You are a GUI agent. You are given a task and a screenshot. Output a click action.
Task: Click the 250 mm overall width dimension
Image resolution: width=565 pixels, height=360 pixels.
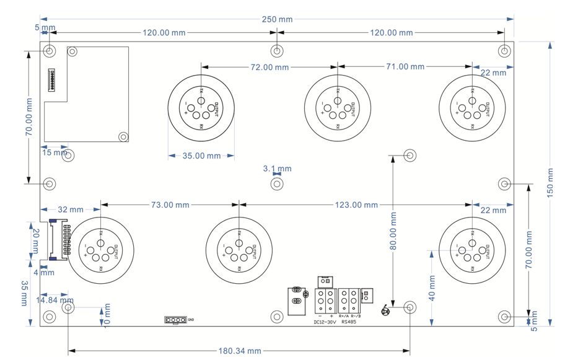point(277,19)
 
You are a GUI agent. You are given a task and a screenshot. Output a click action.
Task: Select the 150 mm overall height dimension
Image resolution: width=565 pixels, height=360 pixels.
point(550,183)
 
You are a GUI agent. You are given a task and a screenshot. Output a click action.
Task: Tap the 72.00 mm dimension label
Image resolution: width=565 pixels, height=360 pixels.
point(269,66)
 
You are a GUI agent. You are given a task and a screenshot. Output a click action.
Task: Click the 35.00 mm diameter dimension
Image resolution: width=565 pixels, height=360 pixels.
point(201,156)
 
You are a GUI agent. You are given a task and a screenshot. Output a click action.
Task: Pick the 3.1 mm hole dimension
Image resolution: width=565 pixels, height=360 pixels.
point(277,169)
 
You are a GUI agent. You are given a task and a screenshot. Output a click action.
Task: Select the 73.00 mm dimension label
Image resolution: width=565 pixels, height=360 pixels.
point(169,204)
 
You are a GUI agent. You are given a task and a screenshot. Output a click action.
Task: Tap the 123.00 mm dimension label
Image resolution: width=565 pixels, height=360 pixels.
point(357,204)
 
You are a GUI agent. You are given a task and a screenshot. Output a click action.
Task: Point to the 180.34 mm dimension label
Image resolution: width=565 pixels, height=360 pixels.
point(239,351)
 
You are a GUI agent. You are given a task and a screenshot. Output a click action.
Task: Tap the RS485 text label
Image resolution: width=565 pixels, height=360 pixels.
point(349,322)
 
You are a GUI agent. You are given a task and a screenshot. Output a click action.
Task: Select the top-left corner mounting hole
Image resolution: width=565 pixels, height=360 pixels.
point(50,50)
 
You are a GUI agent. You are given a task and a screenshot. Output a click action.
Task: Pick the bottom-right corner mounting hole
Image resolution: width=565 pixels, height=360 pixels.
point(505,317)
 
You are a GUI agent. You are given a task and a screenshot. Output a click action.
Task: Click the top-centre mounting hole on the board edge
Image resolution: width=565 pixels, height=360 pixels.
point(277,50)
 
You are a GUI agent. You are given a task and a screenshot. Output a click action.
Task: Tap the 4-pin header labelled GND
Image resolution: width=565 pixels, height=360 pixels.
point(175,320)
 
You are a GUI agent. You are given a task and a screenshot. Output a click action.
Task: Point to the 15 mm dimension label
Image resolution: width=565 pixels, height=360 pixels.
point(54,152)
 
